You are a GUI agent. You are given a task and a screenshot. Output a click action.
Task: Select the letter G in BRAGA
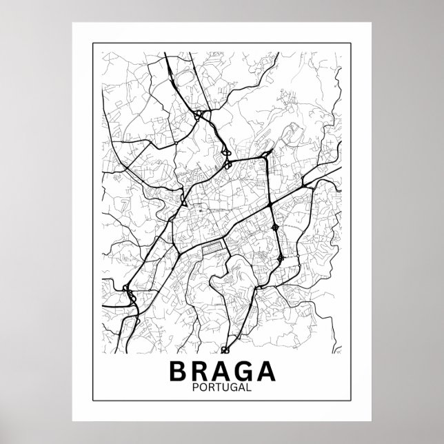pos(245,370)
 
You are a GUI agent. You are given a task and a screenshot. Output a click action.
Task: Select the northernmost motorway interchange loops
pos(199,115)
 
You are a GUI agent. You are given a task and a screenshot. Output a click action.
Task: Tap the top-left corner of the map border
pos(101,52)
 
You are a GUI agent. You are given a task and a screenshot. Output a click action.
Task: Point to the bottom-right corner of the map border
pos(343,401)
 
